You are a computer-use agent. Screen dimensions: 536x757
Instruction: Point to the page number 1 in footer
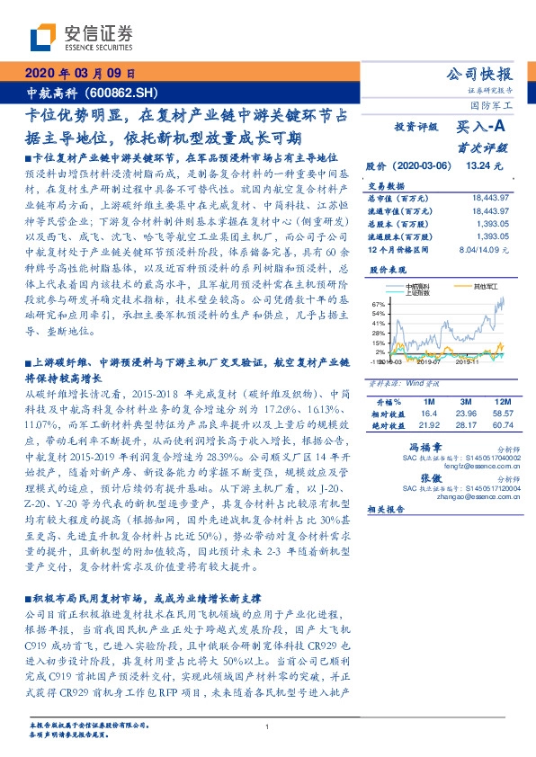pyautogui.click(x=267, y=727)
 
